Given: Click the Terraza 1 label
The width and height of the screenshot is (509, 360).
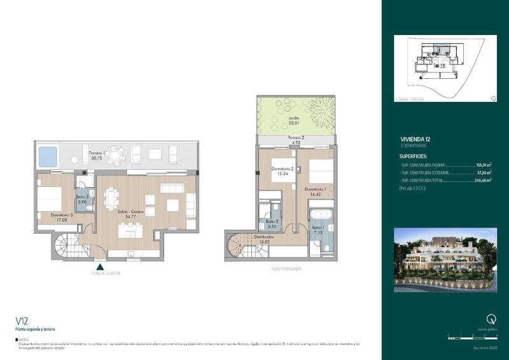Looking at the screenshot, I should tap(97, 153).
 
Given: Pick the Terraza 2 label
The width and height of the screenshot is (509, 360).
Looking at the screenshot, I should tap(295, 137).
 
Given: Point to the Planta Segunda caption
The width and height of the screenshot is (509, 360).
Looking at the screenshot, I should tap(286, 269).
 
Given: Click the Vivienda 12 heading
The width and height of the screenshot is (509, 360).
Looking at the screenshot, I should tap(416, 139).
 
